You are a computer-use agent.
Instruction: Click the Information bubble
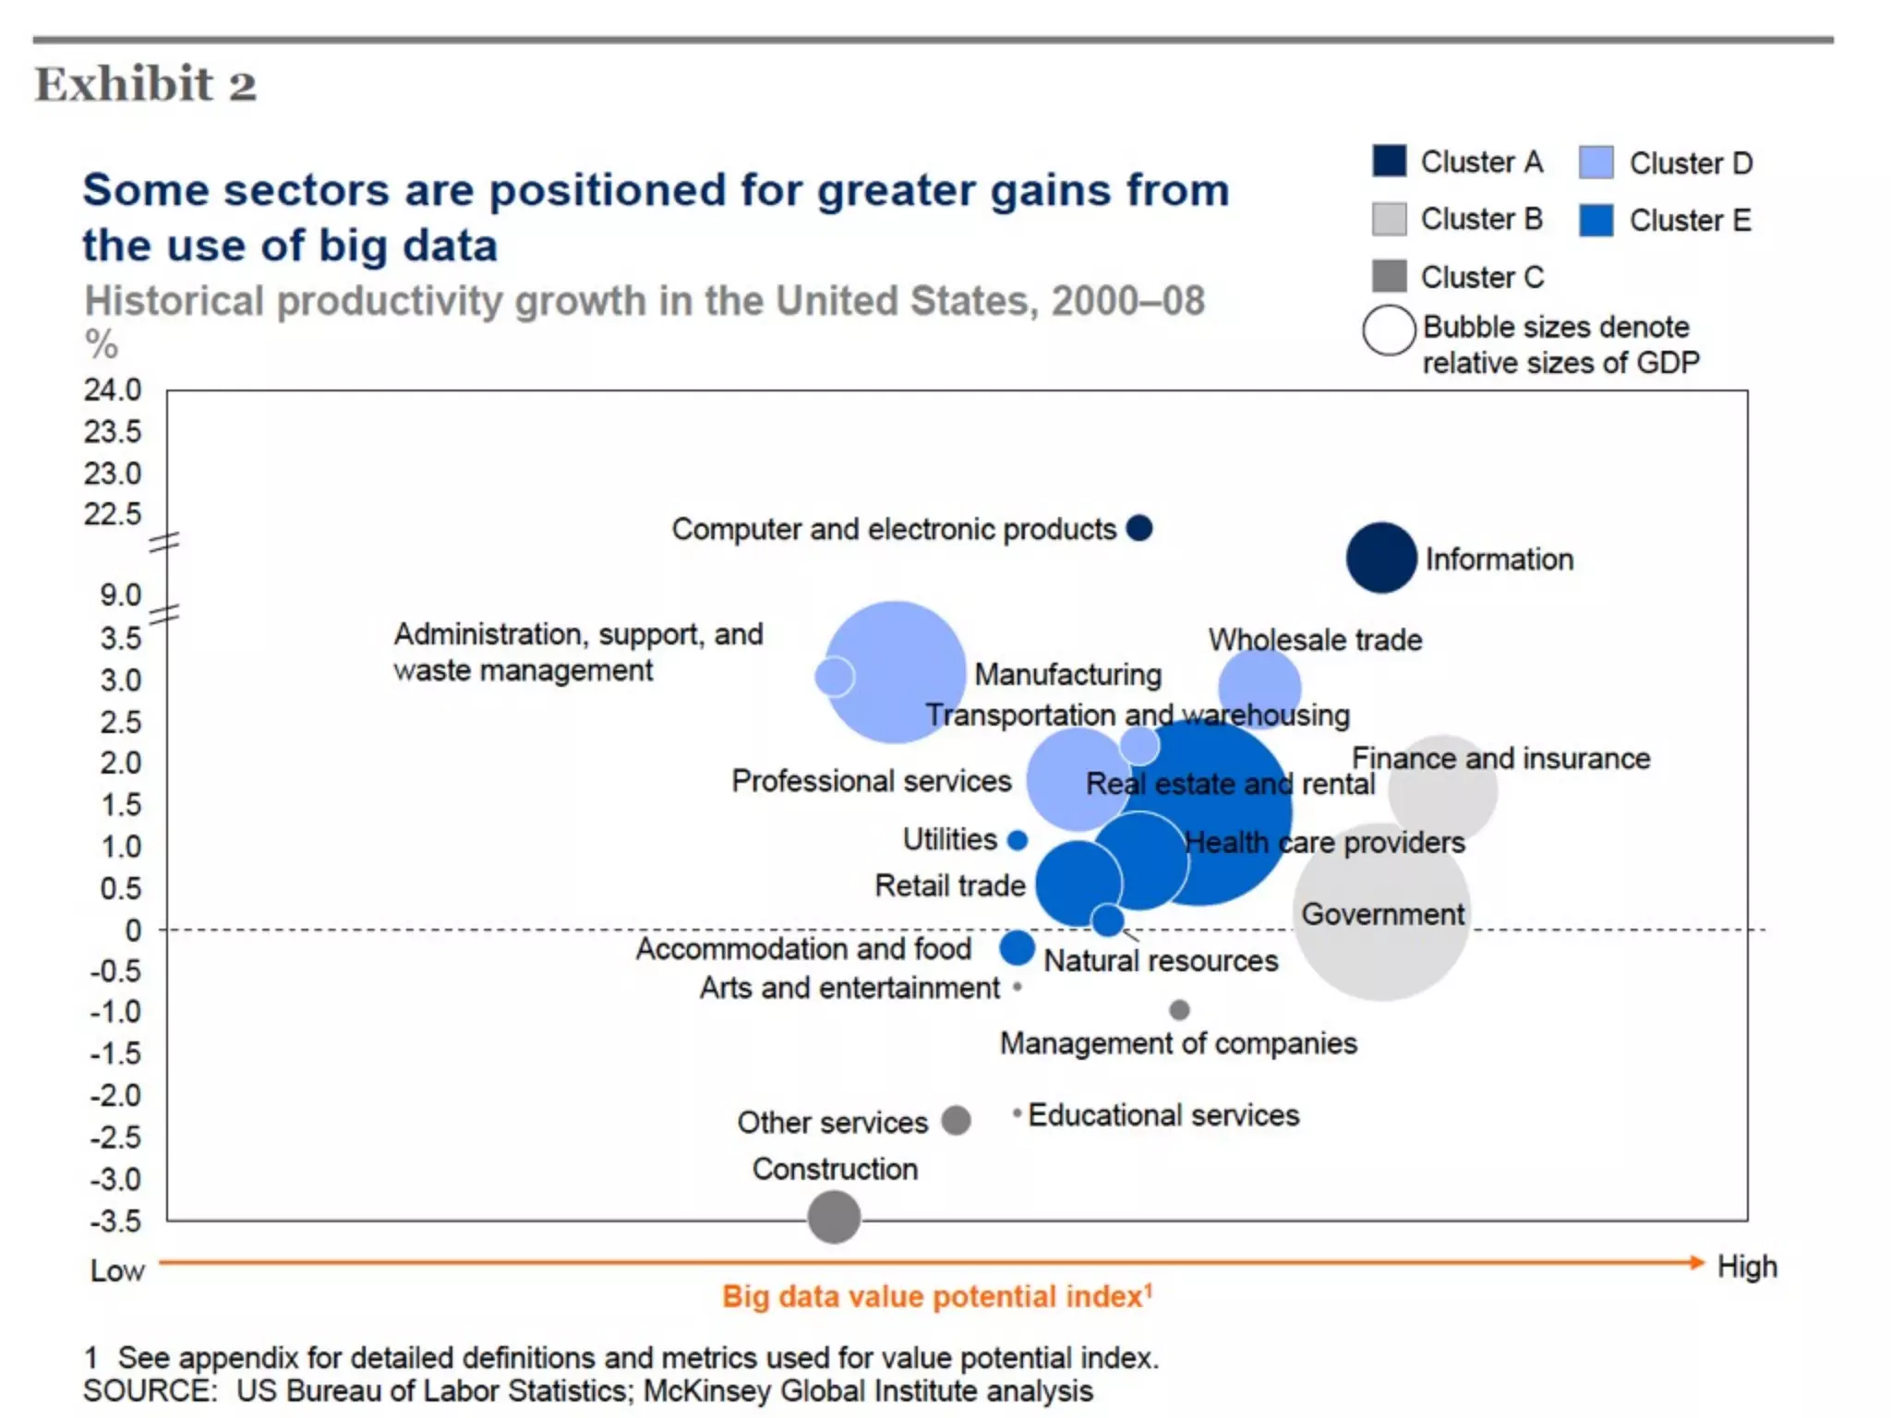click(1381, 558)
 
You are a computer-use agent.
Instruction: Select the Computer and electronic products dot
click(1139, 528)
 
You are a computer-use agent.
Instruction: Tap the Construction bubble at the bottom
click(834, 1217)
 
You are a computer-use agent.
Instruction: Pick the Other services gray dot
click(956, 1121)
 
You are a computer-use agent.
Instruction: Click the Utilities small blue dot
click(1018, 840)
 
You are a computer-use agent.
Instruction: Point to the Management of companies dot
click(1179, 1010)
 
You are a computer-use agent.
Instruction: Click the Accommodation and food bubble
click(1017, 948)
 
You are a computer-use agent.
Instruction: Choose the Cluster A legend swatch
click(1390, 162)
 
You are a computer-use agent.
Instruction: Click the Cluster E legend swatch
click(1596, 220)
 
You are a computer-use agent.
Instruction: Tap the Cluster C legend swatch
click(1390, 275)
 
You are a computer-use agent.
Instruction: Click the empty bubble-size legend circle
click(1389, 330)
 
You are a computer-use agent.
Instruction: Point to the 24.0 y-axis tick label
click(113, 391)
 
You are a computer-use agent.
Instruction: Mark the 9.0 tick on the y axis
click(121, 595)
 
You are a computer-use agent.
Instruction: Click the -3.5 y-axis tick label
click(115, 1221)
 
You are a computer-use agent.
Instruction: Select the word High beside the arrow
click(1747, 1267)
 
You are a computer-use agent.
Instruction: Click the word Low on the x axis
click(117, 1270)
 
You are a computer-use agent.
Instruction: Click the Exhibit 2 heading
click(146, 84)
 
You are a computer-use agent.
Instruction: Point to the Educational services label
click(1163, 1115)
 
